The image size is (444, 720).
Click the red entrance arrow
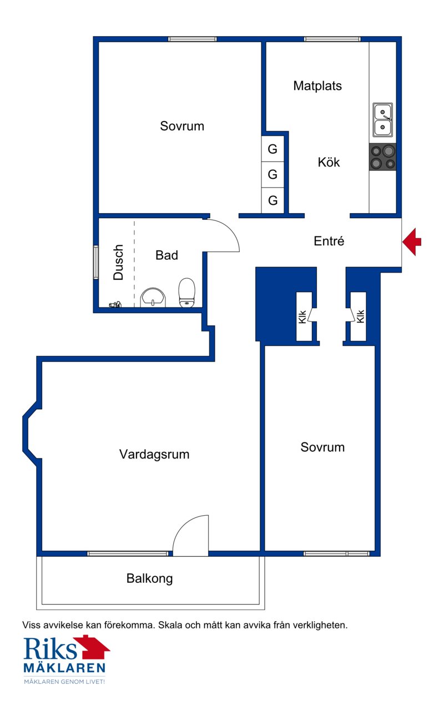(412, 241)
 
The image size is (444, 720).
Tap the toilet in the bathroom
(186, 293)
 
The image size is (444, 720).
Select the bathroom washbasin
(153, 298)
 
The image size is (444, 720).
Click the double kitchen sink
(382, 120)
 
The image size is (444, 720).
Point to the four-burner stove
(382, 157)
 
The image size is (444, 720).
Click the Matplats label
(317, 86)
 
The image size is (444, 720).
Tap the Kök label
(329, 162)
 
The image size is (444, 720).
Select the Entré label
(329, 241)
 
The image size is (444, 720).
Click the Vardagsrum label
(154, 455)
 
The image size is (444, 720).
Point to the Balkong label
(149, 578)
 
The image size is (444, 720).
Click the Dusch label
(119, 262)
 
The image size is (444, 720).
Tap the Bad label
(167, 255)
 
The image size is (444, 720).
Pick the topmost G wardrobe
(273, 149)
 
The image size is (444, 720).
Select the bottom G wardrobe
(273, 200)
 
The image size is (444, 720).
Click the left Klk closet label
(302, 316)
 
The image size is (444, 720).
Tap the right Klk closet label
(360, 316)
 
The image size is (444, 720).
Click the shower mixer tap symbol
(115, 304)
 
